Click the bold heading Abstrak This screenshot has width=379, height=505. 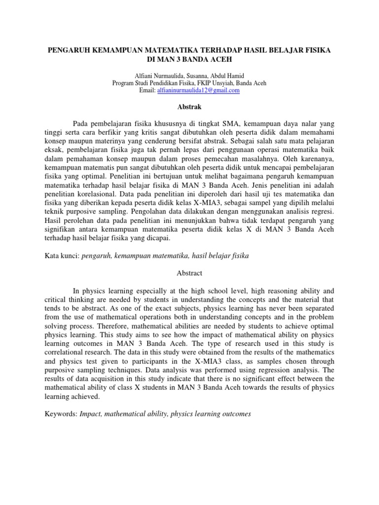[189, 106]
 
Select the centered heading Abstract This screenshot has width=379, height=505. [189, 273]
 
